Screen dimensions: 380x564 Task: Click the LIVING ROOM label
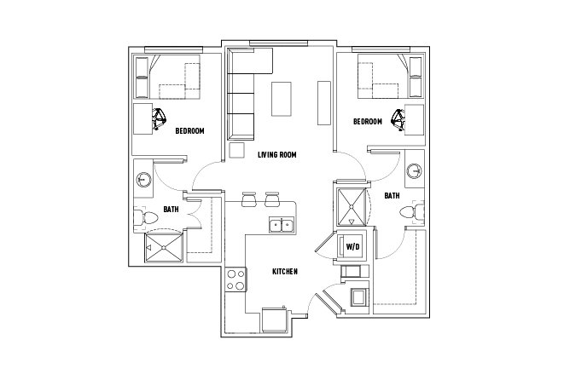276,154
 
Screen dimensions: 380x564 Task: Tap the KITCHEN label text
284,272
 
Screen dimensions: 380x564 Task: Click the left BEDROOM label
189,131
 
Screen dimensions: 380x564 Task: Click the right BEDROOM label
367,122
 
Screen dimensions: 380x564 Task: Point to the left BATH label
171,209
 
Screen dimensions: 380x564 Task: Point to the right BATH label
392,195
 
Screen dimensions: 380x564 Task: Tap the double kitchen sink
282,226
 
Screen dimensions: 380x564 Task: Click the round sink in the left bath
143,180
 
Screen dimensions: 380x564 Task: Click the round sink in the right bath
414,169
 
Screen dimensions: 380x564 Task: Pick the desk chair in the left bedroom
160,120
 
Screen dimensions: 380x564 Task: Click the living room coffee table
282,98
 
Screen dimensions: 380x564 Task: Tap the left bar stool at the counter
249,199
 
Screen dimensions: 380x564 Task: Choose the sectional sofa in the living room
243,94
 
